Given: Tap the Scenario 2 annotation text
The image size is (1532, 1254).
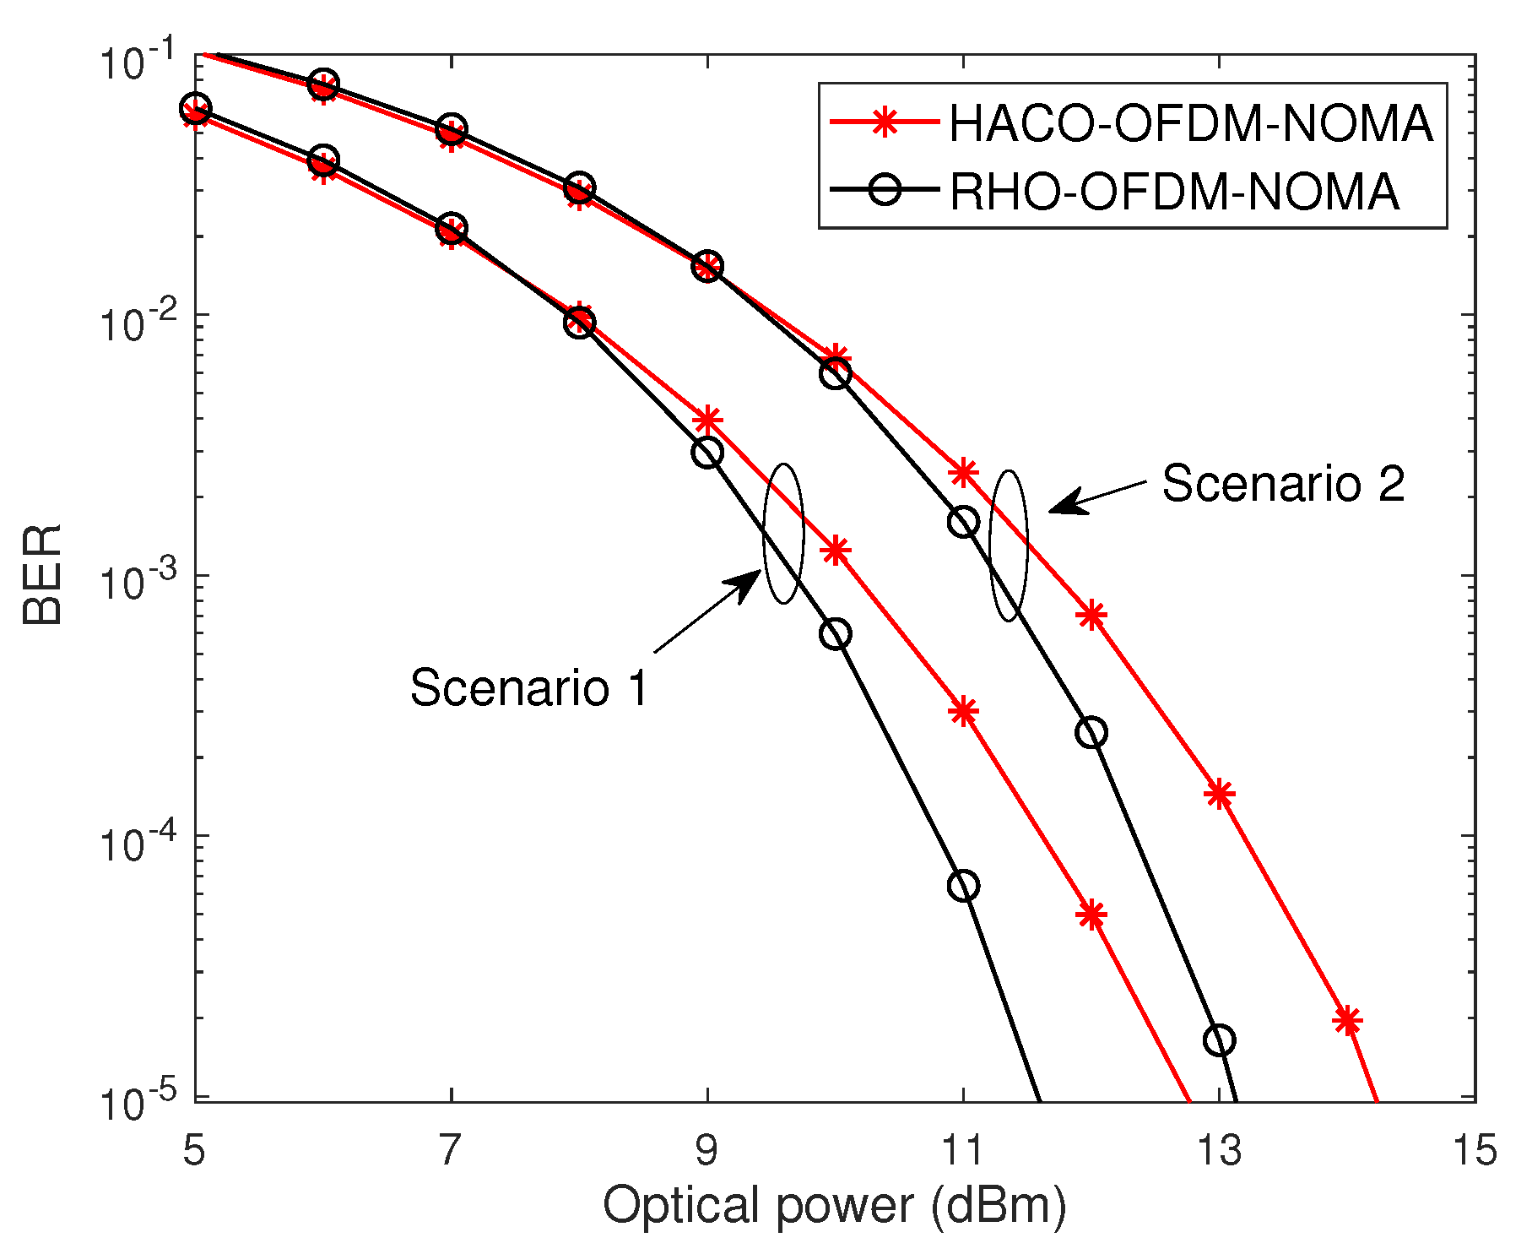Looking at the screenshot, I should (1283, 484).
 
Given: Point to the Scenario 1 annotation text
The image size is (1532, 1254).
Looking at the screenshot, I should (529, 687).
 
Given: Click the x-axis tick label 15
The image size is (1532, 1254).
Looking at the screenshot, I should (1475, 1151).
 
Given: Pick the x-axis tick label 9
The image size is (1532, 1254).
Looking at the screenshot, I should (706, 1151).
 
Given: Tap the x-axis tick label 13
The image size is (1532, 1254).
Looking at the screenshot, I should (1219, 1151).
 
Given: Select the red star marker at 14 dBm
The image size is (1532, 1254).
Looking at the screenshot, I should (1347, 1020).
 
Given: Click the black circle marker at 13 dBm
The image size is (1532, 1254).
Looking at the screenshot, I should (1220, 1040).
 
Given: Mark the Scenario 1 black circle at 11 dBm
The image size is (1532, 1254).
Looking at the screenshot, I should (963, 886).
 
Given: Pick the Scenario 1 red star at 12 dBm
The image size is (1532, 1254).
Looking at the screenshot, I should (1091, 915).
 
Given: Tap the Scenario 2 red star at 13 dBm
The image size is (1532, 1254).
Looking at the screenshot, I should (1220, 794).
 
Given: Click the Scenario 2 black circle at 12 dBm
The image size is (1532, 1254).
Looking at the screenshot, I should (1091, 732).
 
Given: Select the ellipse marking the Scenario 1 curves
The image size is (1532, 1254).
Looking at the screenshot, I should (783, 534).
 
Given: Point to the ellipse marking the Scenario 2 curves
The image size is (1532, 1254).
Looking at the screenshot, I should (1009, 546).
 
